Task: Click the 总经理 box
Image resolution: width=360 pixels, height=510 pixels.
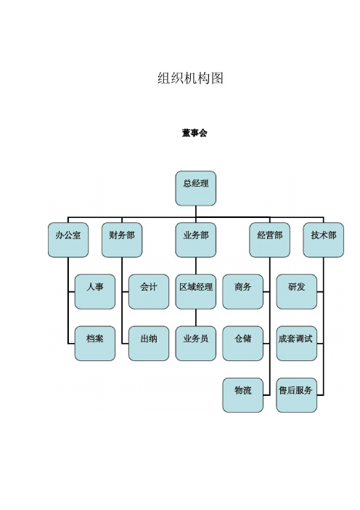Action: coord(195,188)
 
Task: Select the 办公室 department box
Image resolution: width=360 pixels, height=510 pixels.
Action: coord(68,240)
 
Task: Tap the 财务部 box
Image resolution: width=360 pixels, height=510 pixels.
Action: coord(122,240)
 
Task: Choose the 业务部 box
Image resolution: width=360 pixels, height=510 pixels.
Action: coord(195,240)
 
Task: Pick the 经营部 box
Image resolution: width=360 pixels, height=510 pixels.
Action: coord(270,240)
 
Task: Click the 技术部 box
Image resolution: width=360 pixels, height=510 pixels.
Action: coord(323,240)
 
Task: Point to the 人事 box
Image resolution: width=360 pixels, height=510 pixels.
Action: coord(95,292)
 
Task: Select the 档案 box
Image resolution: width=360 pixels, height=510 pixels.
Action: coord(95,344)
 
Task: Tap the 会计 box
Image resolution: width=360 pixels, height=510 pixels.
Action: coord(149,292)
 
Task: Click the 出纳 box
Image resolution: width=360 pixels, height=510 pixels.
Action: coord(149,344)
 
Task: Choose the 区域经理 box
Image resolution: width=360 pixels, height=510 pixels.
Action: coord(195,292)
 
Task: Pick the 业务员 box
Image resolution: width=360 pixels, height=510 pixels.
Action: coord(195,344)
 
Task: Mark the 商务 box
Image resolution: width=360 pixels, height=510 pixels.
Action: coord(242,292)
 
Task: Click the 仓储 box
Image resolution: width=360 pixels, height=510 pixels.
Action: coord(242,344)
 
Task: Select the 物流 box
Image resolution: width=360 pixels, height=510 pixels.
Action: coord(242,395)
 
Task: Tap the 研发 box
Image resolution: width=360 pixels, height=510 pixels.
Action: coord(297,292)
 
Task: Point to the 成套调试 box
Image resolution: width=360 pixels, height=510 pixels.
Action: coord(297,344)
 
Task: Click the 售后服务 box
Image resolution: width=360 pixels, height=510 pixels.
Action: coord(297,395)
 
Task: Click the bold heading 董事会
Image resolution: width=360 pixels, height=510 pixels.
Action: coord(195,133)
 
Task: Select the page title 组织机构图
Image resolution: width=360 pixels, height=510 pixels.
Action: coord(190,78)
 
